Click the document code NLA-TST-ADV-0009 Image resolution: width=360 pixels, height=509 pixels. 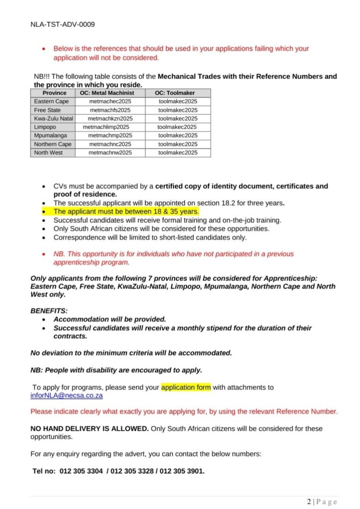click(x=63, y=24)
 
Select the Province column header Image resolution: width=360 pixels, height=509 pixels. click(x=54, y=93)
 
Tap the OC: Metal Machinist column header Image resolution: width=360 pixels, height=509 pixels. click(x=110, y=93)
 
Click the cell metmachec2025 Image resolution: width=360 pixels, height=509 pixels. click(x=110, y=101)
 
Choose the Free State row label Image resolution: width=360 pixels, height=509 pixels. click(x=47, y=110)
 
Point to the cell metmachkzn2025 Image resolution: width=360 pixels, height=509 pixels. click(x=110, y=118)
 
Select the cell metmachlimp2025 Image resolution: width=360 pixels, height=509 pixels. click(x=106, y=127)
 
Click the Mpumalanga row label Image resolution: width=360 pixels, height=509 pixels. click(x=50, y=135)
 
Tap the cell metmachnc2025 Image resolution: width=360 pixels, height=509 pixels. click(x=110, y=144)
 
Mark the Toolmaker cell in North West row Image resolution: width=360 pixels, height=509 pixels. click(x=178, y=153)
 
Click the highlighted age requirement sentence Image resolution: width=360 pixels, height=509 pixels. click(x=126, y=211)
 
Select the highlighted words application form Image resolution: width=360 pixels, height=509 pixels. click(x=186, y=387)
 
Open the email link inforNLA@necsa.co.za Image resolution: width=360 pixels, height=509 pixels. click(x=67, y=396)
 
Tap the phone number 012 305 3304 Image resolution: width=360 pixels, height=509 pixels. click(x=81, y=471)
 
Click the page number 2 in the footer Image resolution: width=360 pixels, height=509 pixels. click(x=309, y=502)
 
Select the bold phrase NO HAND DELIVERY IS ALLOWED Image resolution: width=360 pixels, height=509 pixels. click(x=90, y=428)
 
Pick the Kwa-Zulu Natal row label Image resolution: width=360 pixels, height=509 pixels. click(x=53, y=118)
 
